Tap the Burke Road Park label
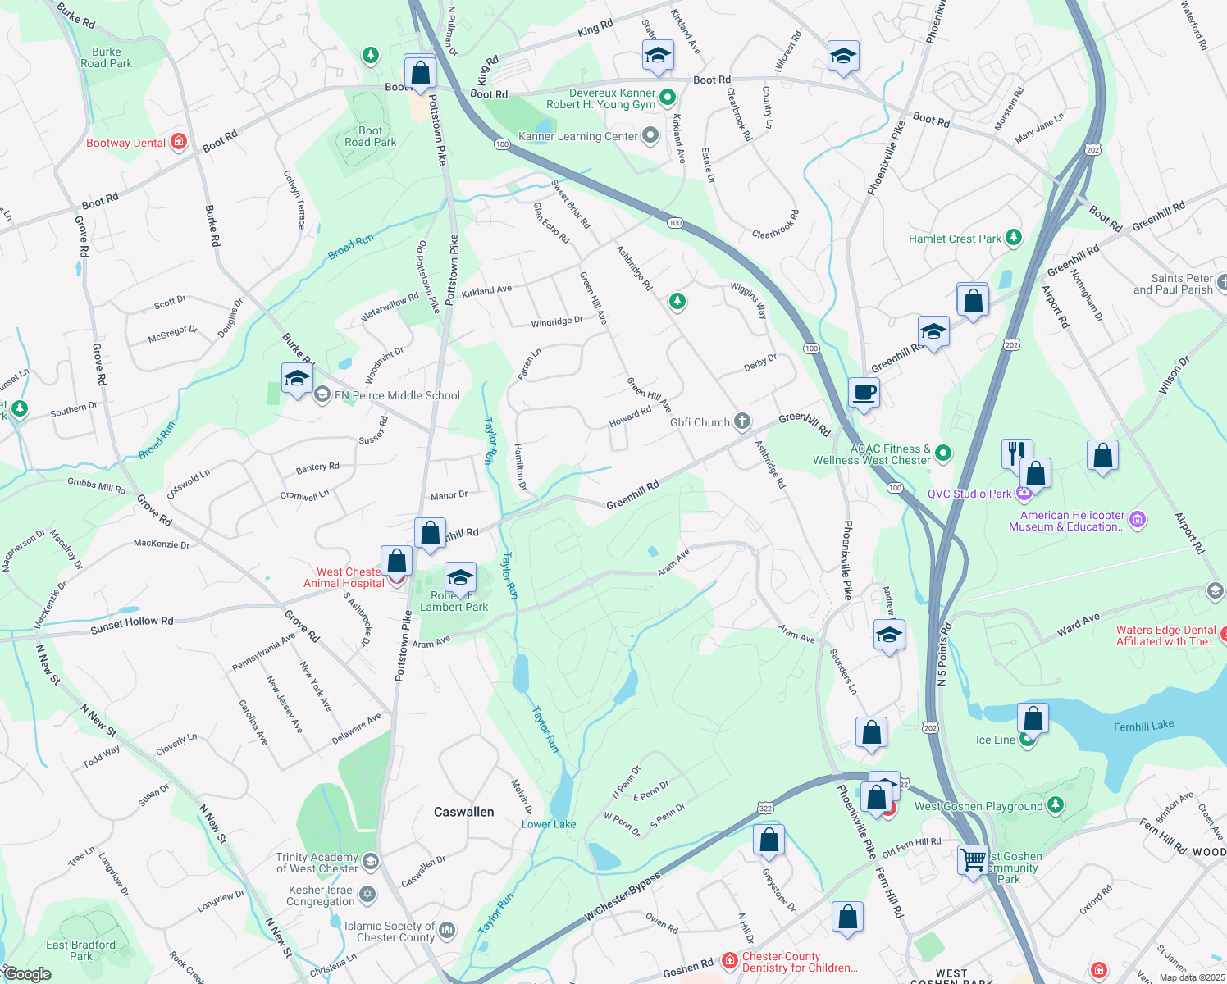point(107,57)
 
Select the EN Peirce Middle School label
point(397,395)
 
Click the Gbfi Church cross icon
point(741,422)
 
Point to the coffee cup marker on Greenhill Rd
point(863,393)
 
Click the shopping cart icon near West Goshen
point(973,860)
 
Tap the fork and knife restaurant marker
point(1016,452)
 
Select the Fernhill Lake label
point(1143,726)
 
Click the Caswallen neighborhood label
point(463,812)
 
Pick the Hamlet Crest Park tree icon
point(1014,239)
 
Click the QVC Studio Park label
point(969,494)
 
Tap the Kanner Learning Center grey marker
point(650,136)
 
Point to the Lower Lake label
point(549,824)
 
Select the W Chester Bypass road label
point(623,895)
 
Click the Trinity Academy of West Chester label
point(317,863)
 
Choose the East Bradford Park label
point(80,950)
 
